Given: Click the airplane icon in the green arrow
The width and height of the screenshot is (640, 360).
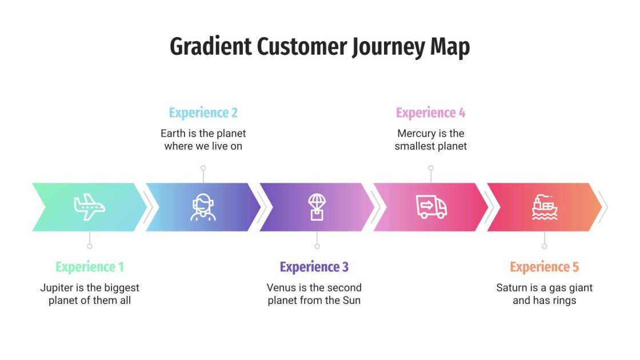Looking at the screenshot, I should (89, 207).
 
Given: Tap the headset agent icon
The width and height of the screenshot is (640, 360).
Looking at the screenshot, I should (203, 207).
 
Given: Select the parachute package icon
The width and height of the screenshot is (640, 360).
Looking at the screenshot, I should (317, 207).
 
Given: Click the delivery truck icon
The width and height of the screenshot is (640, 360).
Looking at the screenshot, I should (431, 207).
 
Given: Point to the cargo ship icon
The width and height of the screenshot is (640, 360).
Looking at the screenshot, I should (544, 207).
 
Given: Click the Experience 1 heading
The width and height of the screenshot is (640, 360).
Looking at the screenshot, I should (90, 267).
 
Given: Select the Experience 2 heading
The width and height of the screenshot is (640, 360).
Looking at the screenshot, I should (203, 113).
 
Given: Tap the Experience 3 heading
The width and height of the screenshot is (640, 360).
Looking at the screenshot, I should (314, 267).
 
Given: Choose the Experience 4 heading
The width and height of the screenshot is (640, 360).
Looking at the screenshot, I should (430, 113).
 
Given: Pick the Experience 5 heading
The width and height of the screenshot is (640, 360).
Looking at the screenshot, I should (544, 267).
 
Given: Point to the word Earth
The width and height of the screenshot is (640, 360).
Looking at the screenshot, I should (173, 133).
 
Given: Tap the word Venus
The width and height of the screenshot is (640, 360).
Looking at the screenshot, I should (282, 287).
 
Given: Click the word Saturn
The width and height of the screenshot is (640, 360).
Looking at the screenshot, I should (511, 287).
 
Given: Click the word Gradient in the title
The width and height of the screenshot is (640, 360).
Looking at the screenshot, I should (210, 47).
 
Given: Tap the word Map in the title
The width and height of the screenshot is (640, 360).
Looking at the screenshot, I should (450, 47).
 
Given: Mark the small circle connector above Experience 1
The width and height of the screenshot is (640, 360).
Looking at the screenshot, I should (89, 246).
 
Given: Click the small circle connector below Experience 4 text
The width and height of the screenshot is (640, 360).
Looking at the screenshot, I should (431, 168).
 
